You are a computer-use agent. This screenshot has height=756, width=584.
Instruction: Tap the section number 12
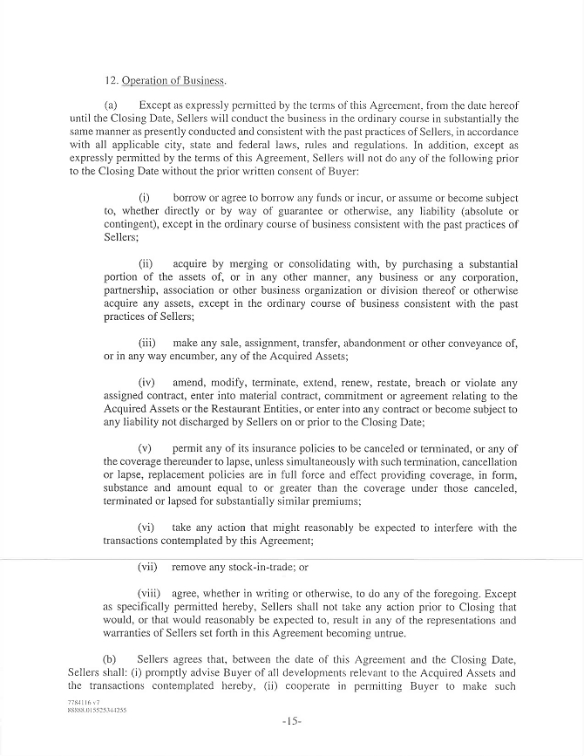pyautogui.click(x=111, y=82)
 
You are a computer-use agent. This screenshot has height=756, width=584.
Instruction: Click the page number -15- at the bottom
pyautogui.click(x=291, y=721)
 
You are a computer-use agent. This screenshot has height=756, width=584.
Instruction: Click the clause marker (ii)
pyautogui.click(x=146, y=264)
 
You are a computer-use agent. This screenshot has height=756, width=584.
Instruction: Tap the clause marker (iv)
pyautogui.click(x=147, y=382)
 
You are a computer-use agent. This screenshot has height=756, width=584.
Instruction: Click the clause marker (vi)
pyautogui.click(x=147, y=528)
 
